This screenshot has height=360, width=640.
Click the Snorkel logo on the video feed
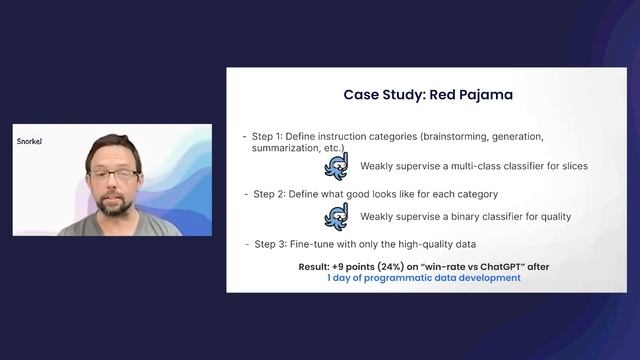click(x=29, y=142)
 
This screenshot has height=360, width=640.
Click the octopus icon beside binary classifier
click(x=334, y=216)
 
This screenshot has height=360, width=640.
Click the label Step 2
click(x=271, y=193)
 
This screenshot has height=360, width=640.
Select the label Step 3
click(x=271, y=244)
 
